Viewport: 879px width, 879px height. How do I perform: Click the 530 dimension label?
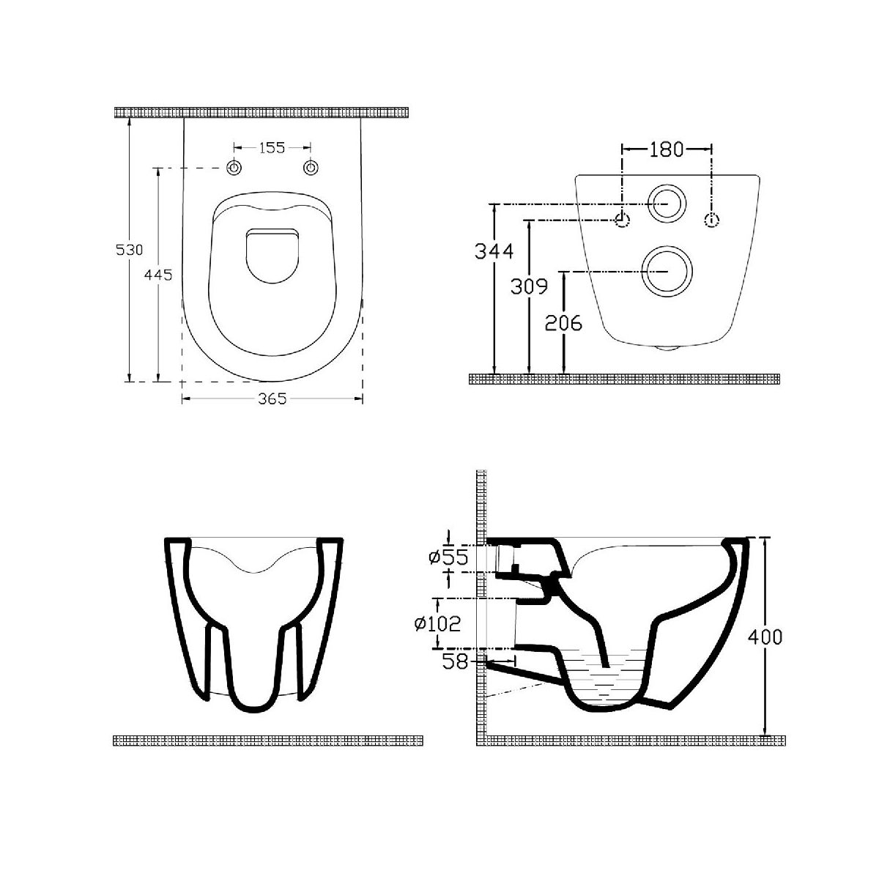tap(129, 250)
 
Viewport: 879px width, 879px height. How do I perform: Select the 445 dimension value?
tap(158, 275)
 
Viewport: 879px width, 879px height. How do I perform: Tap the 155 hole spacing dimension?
tap(272, 147)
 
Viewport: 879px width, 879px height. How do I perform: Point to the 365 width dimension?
tap(272, 398)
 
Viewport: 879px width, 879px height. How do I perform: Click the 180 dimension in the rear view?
tap(666, 149)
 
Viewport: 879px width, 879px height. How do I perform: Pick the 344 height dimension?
tap(494, 251)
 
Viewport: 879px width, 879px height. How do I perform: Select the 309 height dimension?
tap(529, 286)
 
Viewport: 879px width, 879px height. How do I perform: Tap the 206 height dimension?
tap(564, 323)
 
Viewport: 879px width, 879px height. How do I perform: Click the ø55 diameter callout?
tap(448, 557)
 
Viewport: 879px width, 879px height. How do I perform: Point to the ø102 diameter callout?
tap(437, 623)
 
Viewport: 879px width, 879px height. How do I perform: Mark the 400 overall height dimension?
tap(765, 637)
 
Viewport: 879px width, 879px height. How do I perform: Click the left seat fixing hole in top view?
tap(234, 168)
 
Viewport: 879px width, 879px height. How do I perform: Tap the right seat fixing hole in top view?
tap(311, 168)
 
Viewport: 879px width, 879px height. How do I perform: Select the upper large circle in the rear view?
tap(667, 204)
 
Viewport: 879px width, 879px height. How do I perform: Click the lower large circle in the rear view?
tap(667, 271)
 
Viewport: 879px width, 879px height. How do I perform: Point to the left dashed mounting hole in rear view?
tap(622, 220)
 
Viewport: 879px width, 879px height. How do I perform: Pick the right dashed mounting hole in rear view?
tap(711, 220)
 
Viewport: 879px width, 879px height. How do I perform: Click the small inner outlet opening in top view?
tap(272, 256)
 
